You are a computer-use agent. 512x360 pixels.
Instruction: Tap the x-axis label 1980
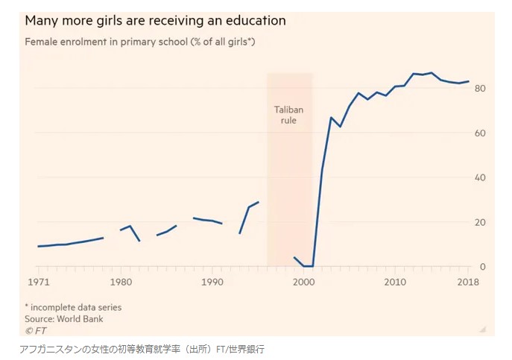[x=120, y=282]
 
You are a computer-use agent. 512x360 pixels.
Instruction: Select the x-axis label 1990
[x=212, y=282]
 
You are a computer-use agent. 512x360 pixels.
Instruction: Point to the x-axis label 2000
[x=304, y=282]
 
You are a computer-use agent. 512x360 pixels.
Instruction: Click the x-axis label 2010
[x=395, y=282]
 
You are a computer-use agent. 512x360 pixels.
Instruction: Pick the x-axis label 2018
[x=468, y=282]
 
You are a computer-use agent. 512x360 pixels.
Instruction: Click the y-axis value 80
[x=480, y=89]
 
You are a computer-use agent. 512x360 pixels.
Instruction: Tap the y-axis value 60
[x=480, y=133]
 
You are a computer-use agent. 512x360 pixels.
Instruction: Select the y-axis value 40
[x=480, y=177]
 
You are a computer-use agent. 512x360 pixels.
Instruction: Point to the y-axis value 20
[x=480, y=222]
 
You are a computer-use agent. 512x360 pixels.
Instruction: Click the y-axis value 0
[x=483, y=266]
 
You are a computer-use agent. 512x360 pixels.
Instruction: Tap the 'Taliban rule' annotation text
[x=288, y=114]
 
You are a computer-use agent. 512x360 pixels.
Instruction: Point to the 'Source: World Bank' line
[x=64, y=319]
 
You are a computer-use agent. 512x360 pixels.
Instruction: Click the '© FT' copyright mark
[x=35, y=329]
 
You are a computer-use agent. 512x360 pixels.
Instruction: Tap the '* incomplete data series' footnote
[x=73, y=307]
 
